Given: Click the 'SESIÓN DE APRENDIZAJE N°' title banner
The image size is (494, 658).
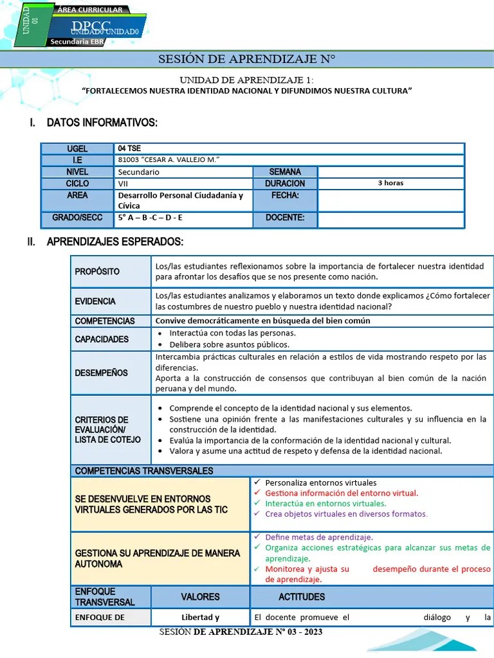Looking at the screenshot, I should tap(247, 60).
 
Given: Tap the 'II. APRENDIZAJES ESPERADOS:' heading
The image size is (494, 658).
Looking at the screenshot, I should tap(114, 242).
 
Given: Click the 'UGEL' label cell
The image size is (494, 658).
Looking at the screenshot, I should tap(77, 149).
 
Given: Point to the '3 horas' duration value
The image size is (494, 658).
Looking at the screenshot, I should tap(390, 183).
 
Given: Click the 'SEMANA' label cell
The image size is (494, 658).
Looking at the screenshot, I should tap(285, 172).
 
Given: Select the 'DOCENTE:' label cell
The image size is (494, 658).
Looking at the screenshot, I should tap(285, 218).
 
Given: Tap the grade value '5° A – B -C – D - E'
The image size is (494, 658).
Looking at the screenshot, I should tap(151, 218).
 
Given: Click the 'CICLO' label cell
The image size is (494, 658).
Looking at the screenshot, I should tap(77, 183).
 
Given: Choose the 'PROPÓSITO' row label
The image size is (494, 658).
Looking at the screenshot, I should tap(97, 271).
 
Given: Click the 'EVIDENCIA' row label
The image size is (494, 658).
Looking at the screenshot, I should tap(95, 301).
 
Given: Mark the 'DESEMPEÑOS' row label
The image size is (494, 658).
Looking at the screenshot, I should tap(101, 373).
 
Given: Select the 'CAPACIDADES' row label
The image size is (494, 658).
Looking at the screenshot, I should tap(102, 339).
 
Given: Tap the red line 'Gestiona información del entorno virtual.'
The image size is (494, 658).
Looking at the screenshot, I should tap(342, 493).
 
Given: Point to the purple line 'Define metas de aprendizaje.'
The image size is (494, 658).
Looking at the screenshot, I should tap(319, 537).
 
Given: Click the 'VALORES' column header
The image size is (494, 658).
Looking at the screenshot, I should tap(200, 597).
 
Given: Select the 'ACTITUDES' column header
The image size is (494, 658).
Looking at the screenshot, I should tap(302, 597).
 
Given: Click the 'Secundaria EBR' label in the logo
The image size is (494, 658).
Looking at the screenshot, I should tap(77, 42).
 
